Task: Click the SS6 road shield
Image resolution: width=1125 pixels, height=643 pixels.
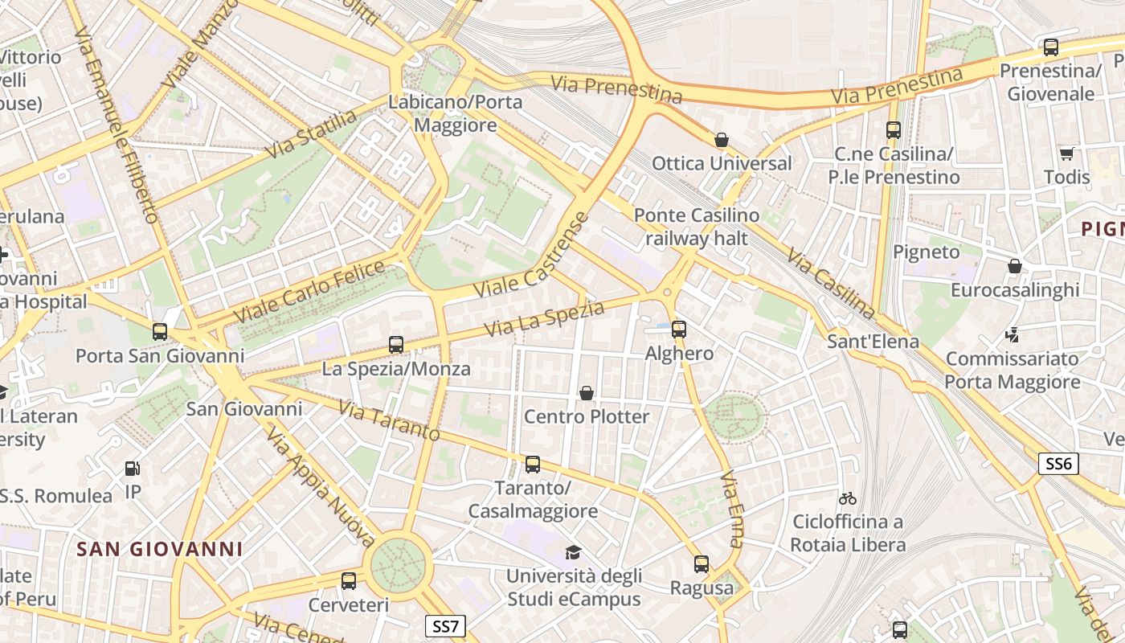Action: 1058,463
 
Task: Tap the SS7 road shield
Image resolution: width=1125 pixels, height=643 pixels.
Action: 445,626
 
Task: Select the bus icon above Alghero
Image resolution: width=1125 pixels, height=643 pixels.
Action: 679,329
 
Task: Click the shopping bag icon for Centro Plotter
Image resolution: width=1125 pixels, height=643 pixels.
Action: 587,393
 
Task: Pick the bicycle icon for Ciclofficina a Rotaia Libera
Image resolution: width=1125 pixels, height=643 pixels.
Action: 847,498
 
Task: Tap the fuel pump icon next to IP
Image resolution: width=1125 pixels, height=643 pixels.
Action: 132,469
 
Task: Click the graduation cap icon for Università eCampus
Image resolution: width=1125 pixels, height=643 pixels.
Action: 573,552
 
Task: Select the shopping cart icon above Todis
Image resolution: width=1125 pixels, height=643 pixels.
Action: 1066,154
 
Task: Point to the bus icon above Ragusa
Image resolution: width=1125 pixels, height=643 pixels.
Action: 702,564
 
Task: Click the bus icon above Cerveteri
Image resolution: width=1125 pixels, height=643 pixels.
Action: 349,580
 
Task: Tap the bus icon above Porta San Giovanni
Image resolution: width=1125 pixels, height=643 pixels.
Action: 160,331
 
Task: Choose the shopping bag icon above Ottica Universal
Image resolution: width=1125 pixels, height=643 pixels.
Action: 722,140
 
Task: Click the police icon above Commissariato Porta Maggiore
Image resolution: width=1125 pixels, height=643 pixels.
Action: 1012,334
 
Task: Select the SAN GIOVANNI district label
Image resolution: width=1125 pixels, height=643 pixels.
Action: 159,549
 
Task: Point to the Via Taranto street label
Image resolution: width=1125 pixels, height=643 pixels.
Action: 389,421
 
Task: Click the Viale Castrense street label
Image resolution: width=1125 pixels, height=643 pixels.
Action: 531,256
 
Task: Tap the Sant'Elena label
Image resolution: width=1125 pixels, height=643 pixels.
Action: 873,342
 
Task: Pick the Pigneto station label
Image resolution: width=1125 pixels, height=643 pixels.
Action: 927,252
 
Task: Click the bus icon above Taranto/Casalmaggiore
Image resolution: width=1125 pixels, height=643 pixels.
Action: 532,464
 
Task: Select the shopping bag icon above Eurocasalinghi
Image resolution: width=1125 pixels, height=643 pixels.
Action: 1015,266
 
